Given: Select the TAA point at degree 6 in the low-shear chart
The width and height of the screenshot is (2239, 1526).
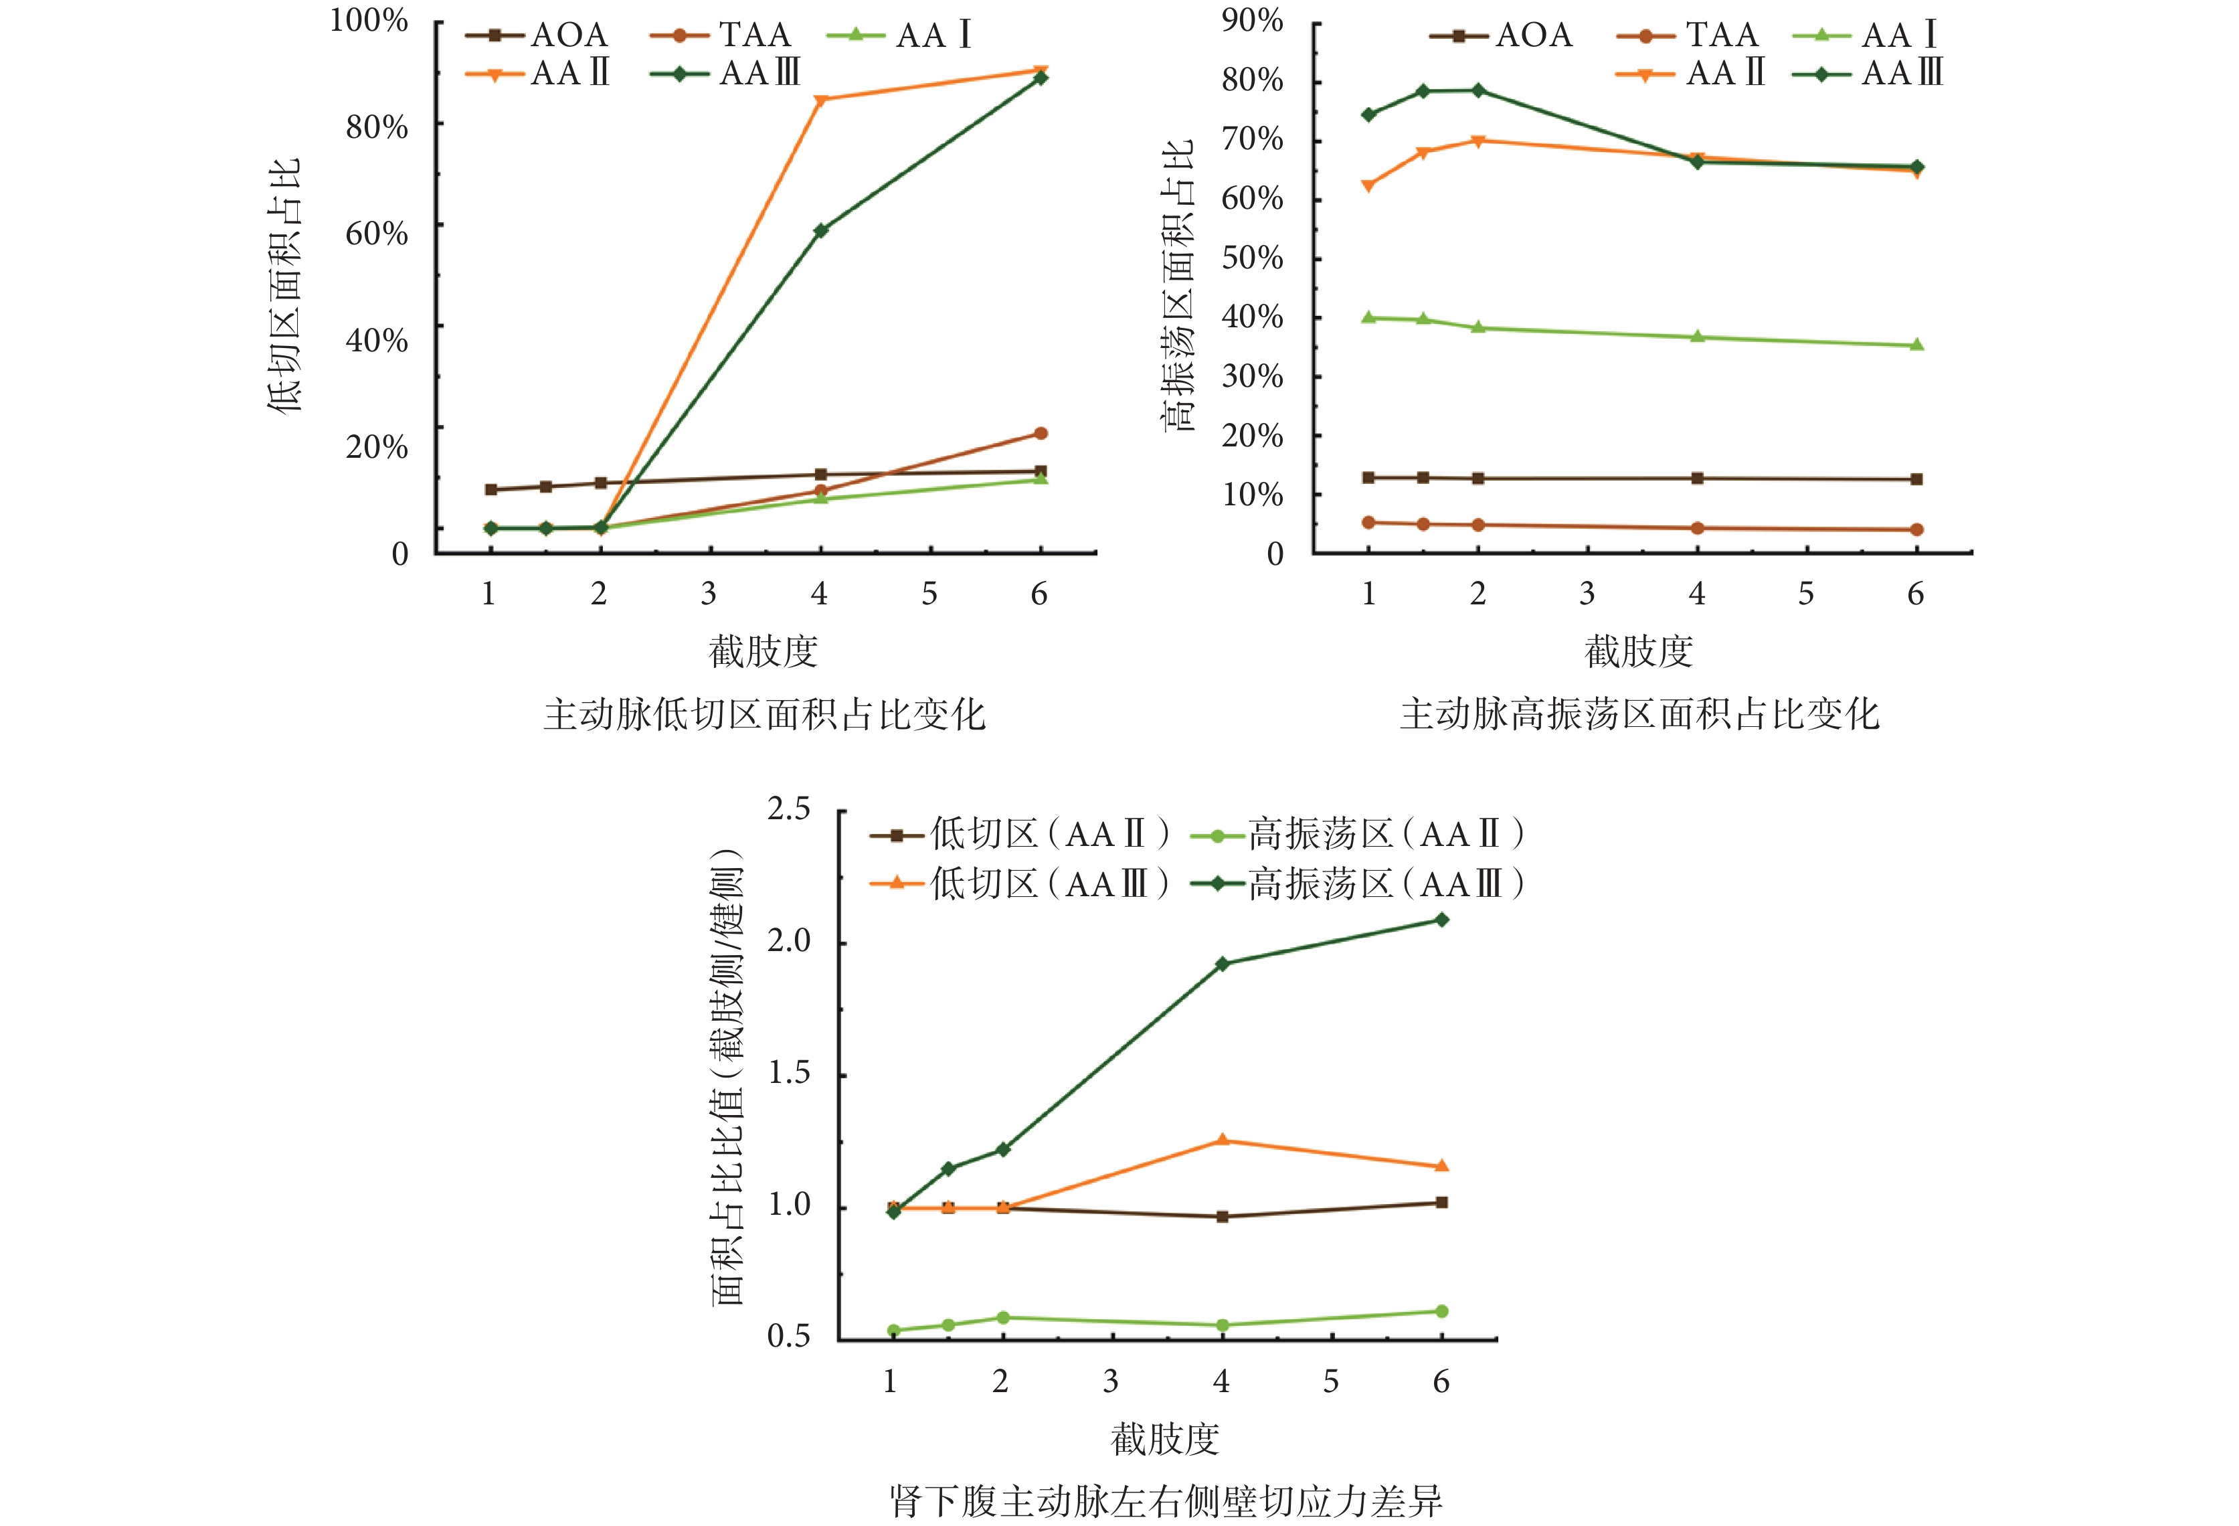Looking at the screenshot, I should (x=1041, y=434).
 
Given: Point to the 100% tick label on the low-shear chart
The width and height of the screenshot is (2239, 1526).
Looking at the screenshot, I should (x=369, y=20).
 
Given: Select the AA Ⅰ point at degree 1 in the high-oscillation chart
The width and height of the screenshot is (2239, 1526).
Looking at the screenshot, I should (x=1368, y=317).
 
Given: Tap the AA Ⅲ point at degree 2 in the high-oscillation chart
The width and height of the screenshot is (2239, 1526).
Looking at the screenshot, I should (x=1478, y=90).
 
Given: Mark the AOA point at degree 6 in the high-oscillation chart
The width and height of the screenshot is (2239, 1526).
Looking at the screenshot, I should (x=1916, y=479).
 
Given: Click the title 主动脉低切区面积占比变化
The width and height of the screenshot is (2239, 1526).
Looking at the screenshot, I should (x=764, y=715).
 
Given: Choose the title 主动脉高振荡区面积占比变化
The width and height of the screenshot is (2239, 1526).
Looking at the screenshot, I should (x=1639, y=715).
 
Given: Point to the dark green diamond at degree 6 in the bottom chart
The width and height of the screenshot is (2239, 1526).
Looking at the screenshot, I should (x=1441, y=920).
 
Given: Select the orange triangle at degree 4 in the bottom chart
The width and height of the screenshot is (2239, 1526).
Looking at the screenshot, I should (x=1223, y=1140).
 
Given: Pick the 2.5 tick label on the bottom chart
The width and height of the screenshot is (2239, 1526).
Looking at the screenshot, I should (x=788, y=809).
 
